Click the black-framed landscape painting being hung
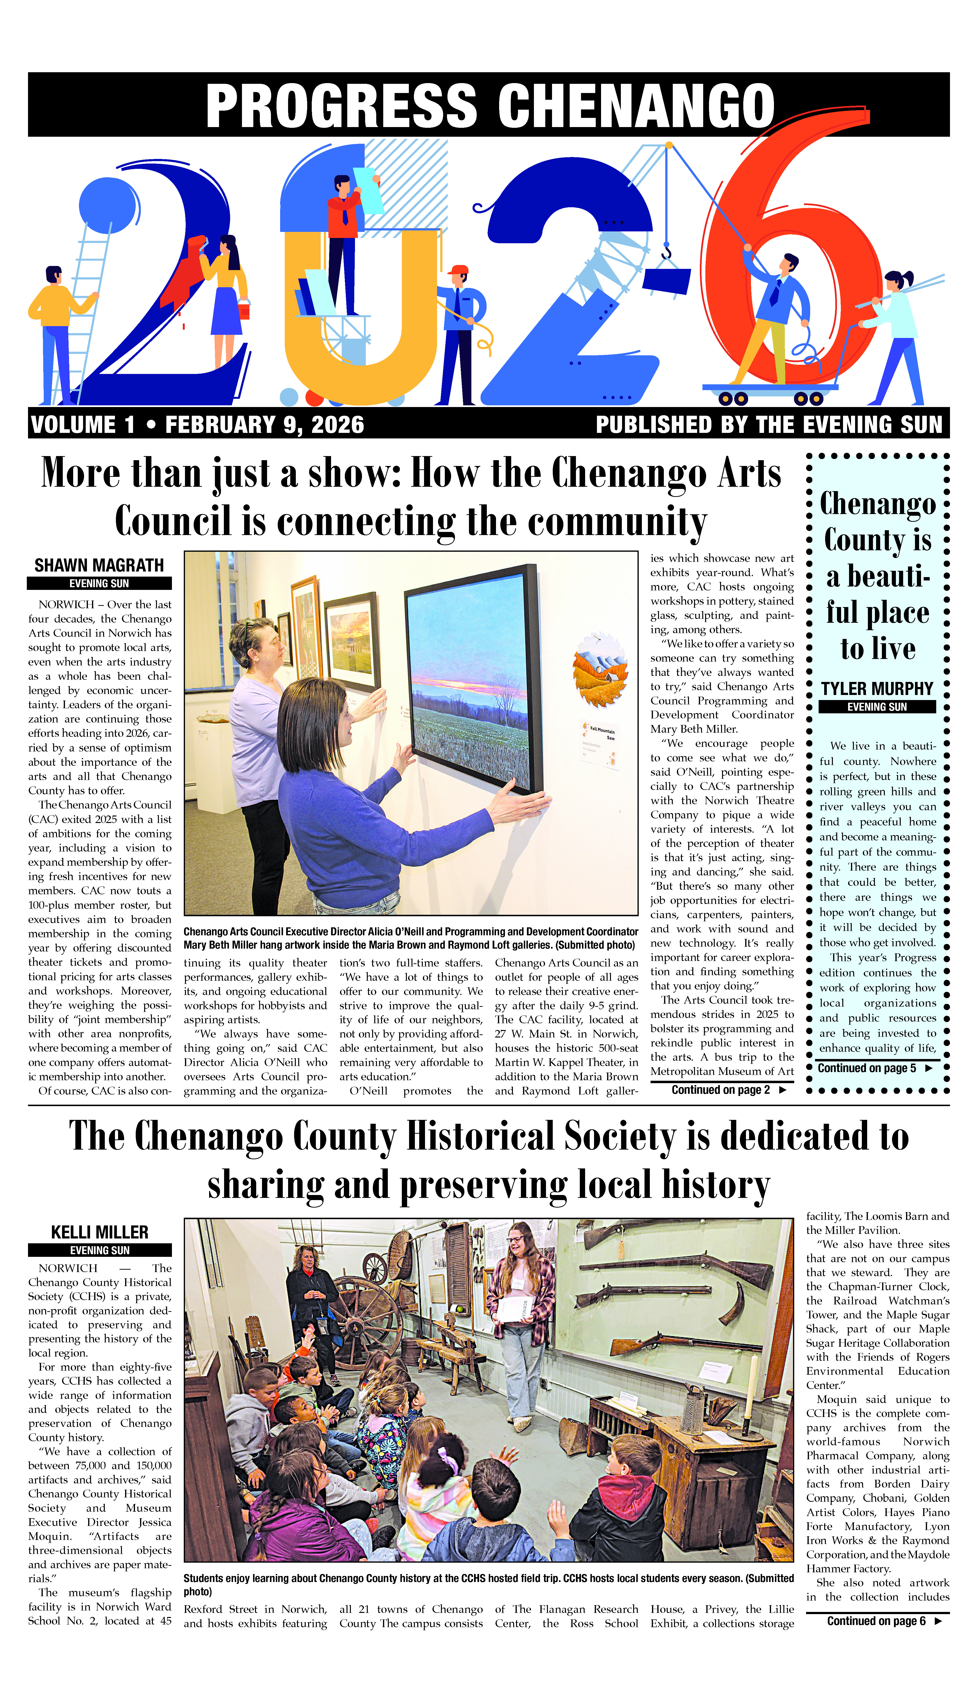(470, 679)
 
